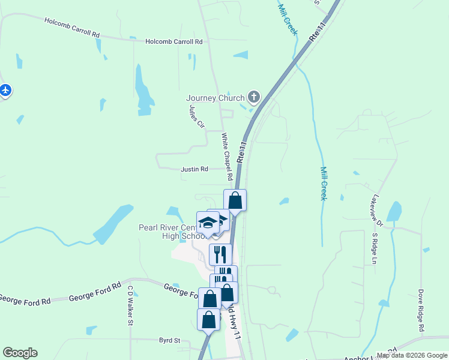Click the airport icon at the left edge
pos(5,91)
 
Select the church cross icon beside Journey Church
pos(254,97)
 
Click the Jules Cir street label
pos(196,117)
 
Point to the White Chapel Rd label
pos(226,157)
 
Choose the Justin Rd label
pos(194,169)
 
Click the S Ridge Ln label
pos(373,249)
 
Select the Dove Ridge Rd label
pos(421,312)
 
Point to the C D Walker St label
pos(129,305)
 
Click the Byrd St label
pos(169,340)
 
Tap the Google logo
pos(20,353)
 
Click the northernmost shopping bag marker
pos(235,200)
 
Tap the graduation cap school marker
pos(208,223)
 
